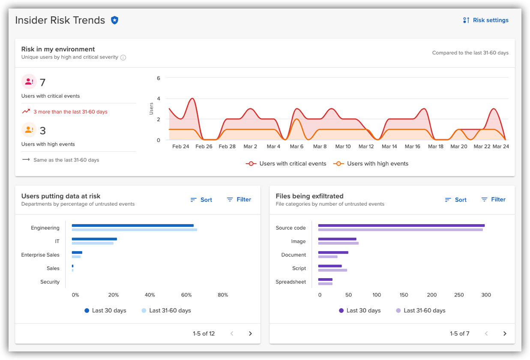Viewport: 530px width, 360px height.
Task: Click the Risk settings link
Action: (x=486, y=20)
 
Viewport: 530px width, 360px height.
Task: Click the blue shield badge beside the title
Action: (x=114, y=20)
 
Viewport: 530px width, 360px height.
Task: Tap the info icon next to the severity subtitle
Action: (x=123, y=57)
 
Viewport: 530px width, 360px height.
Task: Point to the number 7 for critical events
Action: (x=42, y=82)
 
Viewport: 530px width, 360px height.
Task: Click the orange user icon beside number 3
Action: (x=29, y=129)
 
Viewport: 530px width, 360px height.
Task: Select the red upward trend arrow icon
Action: (x=26, y=111)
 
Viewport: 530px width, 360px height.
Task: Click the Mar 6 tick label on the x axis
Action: (x=296, y=147)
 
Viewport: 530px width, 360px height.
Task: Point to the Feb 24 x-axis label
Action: (x=180, y=147)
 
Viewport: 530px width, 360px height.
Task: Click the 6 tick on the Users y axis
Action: (x=158, y=78)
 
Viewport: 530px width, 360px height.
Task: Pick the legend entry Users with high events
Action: (x=371, y=164)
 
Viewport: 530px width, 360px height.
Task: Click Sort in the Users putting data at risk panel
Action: (x=201, y=200)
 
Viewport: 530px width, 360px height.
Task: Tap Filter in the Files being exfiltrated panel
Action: (x=493, y=200)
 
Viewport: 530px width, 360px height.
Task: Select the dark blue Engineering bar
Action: (x=132, y=225)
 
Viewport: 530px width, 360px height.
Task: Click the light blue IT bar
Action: (x=93, y=243)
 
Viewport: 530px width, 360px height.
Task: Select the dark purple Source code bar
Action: (x=401, y=225)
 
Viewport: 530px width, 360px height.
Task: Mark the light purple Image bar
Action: (x=338, y=243)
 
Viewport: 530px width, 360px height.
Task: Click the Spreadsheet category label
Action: (x=290, y=282)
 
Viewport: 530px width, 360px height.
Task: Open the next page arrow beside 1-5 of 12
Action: (x=251, y=334)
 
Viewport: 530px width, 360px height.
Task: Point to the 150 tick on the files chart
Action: (x=404, y=295)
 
